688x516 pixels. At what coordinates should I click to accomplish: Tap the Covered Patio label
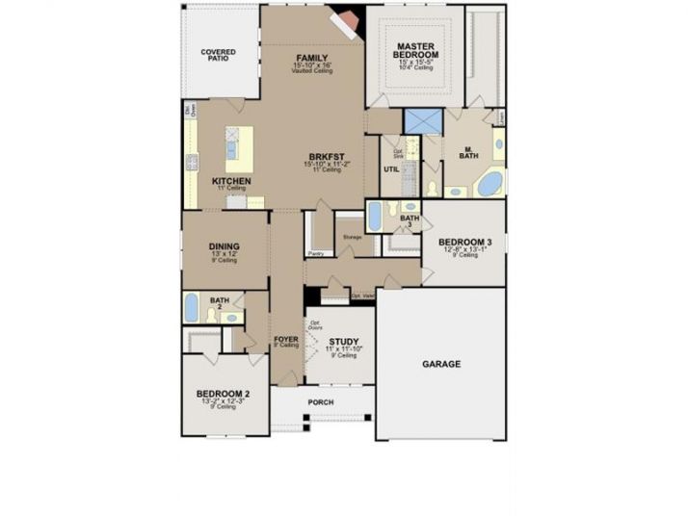pos(219,55)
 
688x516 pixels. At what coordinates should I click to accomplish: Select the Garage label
pos(440,364)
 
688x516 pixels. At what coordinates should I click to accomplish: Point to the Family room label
pos(312,58)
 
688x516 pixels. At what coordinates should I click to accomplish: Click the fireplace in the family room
pos(345,20)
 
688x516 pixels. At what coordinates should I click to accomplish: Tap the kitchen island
pos(239,148)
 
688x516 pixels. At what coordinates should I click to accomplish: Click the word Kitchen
pos(231,181)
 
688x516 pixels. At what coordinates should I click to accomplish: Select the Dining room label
pos(224,246)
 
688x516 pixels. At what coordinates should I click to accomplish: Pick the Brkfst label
pos(325,157)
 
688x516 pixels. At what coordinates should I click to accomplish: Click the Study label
pos(343,342)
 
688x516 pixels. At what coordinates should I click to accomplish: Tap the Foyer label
pos(285,339)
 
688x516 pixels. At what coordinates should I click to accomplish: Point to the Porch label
pos(320,401)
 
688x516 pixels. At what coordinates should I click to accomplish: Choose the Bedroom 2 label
pos(224,394)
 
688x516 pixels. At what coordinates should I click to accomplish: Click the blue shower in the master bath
pos(422,121)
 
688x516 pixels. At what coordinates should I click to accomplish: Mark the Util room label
pos(391,168)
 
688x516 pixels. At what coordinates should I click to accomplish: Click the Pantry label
pos(315,253)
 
